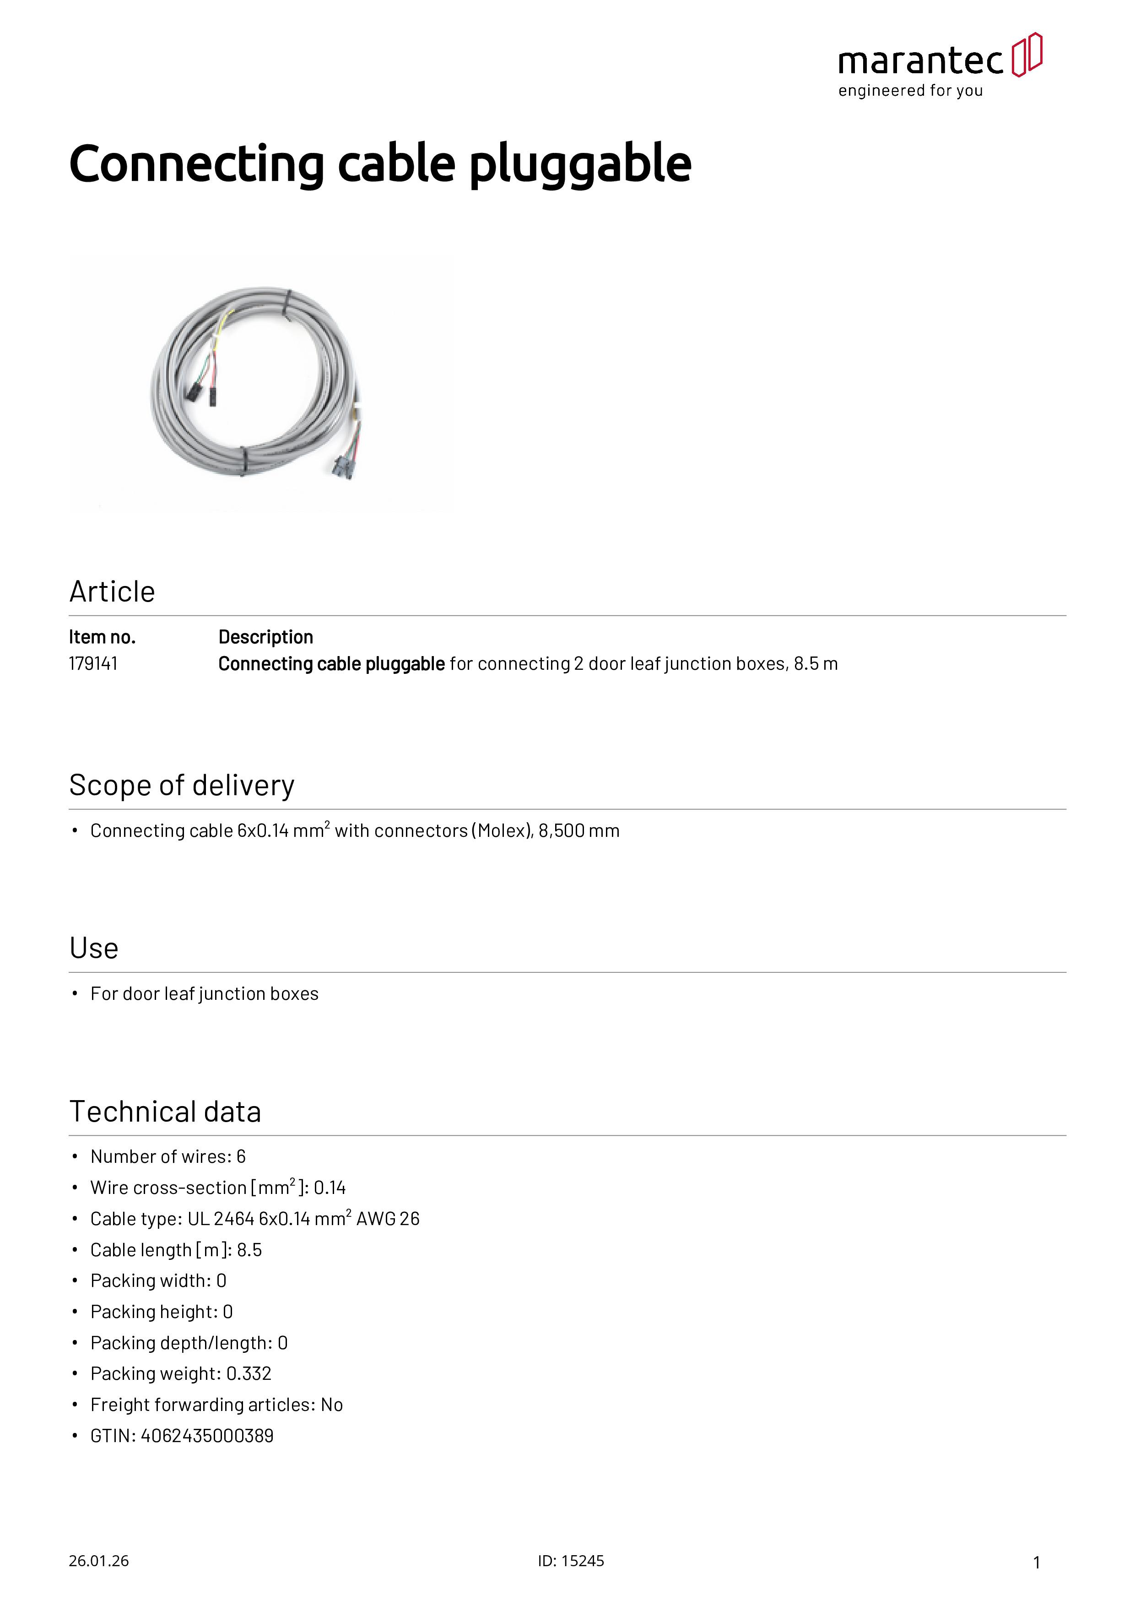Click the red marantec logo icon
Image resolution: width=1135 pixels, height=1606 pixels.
[1027, 54]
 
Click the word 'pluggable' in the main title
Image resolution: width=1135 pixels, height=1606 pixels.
[580, 166]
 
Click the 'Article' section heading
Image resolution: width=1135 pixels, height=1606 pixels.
[112, 592]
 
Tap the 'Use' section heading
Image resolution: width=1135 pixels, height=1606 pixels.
[94, 949]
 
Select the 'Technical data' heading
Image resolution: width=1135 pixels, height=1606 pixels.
[165, 1112]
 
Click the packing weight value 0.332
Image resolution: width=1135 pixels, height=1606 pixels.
[248, 1374]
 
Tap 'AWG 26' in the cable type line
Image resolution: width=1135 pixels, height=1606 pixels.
[388, 1219]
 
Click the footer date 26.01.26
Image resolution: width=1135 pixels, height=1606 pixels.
[98, 1561]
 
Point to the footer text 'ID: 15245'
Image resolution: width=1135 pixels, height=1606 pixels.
[571, 1561]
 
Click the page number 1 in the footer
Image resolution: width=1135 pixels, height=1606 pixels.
[1037, 1562]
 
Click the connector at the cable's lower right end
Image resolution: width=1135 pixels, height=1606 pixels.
[345, 465]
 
